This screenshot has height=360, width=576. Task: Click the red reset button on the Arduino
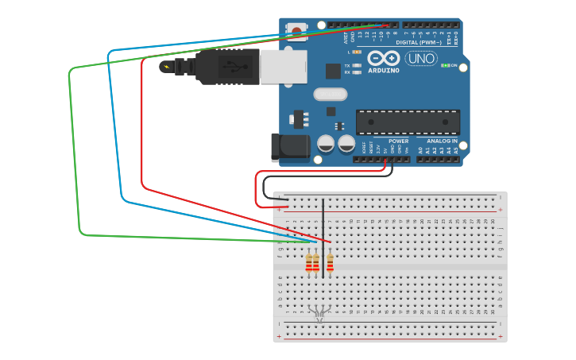pos(297,31)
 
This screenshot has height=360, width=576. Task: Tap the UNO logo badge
pos(421,58)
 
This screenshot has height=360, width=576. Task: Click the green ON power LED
pos(446,65)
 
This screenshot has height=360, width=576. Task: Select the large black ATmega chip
pos(408,122)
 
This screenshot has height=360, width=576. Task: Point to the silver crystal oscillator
pos(330,95)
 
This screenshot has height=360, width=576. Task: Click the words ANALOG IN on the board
pos(442,141)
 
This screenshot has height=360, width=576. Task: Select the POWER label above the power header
pos(398,141)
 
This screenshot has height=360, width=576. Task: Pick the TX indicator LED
pos(357,65)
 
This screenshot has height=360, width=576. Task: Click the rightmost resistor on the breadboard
pos(330,261)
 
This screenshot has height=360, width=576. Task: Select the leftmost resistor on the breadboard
pos(309,262)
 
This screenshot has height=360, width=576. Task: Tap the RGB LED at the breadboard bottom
pos(319,313)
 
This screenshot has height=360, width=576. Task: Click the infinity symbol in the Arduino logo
pos(384,58)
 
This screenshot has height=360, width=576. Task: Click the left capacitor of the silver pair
pos(326,143)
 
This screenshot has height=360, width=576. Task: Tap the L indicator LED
pos(357,52)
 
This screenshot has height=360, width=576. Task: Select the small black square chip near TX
pos(333,71)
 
